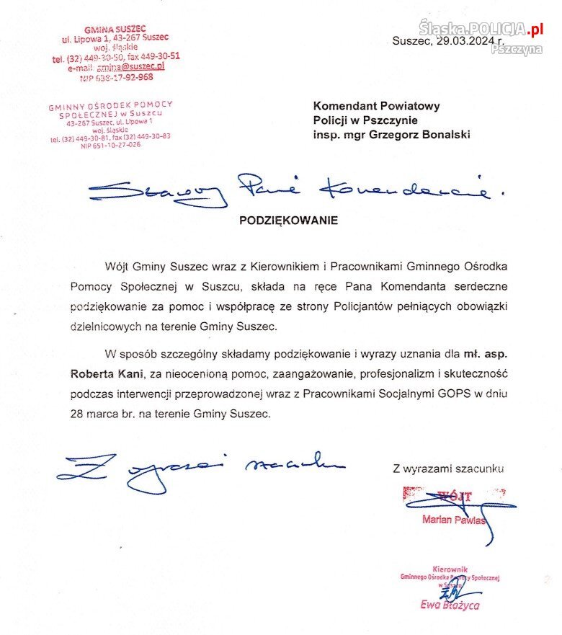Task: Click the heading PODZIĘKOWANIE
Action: pos(288,221)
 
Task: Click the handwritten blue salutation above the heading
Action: pos(288,189)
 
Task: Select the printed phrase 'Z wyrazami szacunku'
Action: pos(448,469)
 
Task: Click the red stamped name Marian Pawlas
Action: pos(453,520)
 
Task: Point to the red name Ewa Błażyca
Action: pos(450,605)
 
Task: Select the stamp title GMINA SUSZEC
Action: pos(115,30)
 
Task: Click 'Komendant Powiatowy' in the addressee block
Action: pos(376,105)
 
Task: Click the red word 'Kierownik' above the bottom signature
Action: pos(450,569)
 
